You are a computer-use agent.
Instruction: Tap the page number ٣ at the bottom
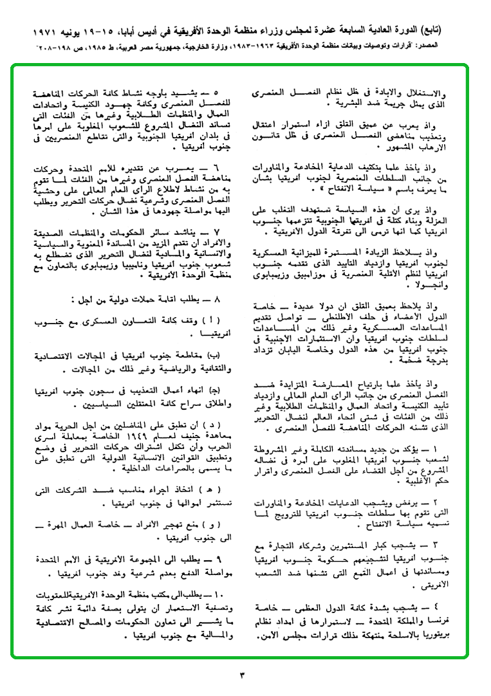point(243,675)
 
